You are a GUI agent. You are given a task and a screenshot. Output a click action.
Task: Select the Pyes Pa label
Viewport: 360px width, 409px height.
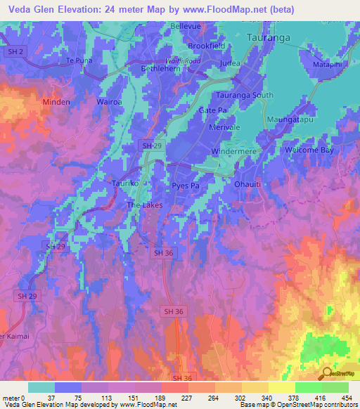click(186, 185)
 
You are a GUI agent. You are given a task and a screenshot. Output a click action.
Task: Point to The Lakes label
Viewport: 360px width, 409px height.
click(145, 205)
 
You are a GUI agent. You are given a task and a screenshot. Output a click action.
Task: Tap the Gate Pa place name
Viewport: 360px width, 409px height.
click(212, 110)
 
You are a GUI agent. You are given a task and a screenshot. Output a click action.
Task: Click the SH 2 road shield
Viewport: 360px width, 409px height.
click(13, 51)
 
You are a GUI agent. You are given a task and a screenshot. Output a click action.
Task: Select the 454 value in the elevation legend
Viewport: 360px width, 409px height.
click(347, 398)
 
